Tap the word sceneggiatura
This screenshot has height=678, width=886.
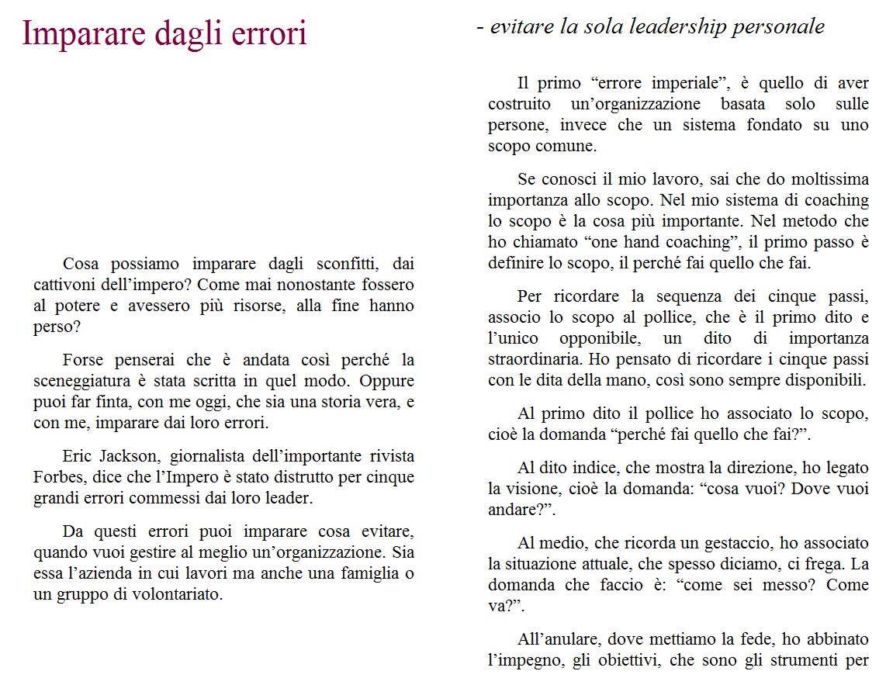pos(85,382)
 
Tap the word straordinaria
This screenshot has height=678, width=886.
pos(535,360)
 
